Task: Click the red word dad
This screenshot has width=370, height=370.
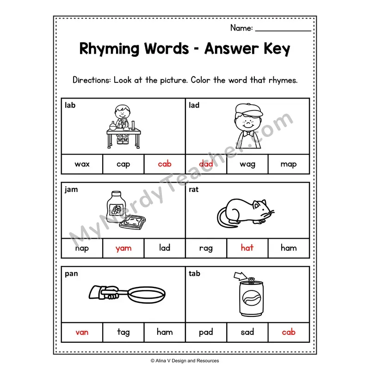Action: (206, 164)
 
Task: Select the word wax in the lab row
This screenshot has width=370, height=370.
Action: (82, 164)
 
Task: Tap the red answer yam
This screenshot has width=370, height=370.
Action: (123, 248)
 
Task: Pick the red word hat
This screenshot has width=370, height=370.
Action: (247, 247)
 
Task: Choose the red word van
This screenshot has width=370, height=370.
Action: (82, 333)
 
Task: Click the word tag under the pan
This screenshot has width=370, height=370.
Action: (123, 332)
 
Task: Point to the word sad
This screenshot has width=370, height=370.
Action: (247, 332)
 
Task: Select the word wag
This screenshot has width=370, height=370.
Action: (247, 165)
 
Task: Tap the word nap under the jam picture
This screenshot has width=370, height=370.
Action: (82, 248)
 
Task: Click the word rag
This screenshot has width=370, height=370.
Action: (206, 248)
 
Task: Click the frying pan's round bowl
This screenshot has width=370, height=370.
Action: (147, 295)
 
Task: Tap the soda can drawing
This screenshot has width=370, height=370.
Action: (251, 297)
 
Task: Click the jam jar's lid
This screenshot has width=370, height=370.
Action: (116, 194)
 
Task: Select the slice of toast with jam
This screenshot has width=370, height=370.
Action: (132, 223)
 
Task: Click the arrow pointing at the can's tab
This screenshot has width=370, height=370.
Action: (240, 276)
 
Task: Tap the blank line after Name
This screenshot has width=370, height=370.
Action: (283, 31)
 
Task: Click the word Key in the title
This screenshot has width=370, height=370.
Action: (277, 49)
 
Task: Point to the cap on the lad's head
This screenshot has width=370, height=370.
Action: (249, 110)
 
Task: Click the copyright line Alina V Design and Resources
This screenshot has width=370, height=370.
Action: (185, 361)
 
